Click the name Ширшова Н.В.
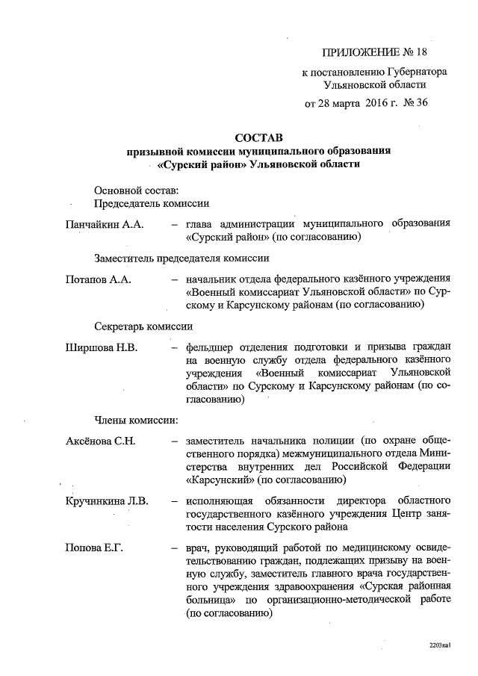click(102, 347)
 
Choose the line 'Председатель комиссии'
click(152, 203)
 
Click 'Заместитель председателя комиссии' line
click(181, 258)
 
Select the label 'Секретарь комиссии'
click(143, 326)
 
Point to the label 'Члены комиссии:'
click(135, 420)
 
